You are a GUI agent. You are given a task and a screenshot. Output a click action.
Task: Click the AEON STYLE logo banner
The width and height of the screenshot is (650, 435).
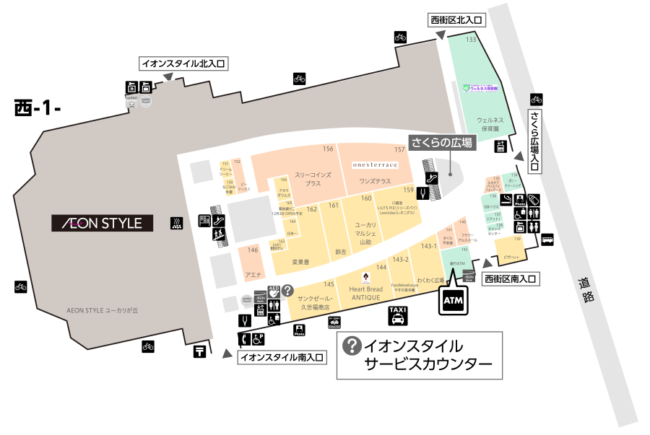point(101,223)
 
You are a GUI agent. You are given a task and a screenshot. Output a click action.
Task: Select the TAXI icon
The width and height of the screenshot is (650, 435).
point(398,313)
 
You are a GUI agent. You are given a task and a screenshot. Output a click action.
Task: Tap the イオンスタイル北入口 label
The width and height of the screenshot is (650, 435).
point(183,63)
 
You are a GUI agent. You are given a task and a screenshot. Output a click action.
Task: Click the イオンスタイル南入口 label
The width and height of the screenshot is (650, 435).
point(282,356)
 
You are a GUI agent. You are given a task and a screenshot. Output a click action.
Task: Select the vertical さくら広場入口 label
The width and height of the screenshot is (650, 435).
point(534,141)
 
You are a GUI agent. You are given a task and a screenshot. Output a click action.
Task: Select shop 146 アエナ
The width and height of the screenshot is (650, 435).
point(253,266)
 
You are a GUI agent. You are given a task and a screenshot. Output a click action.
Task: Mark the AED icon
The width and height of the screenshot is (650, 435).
point(274,291)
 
